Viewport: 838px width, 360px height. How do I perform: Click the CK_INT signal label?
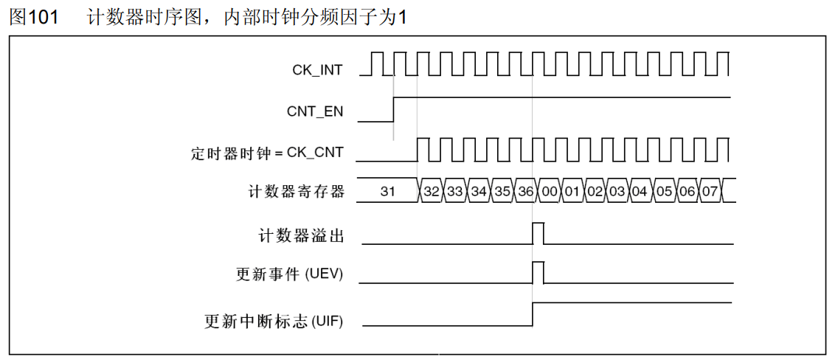(317, 71)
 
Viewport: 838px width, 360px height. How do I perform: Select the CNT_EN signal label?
(315, 112)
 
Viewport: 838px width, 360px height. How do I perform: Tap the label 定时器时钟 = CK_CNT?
(267, 154)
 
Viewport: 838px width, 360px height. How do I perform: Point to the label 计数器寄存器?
(297, 192)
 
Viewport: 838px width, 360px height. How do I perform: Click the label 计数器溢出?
(301, 236)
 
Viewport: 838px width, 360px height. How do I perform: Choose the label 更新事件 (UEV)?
(290, 275)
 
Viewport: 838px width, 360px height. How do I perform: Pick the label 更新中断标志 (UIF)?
(274, 322)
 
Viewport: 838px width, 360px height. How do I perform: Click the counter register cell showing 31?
(388, 192)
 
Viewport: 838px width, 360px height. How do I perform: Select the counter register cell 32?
(432, 192)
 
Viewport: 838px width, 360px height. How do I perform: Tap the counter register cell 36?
(525, 192)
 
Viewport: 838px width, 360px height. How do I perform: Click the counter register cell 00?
(549, 192)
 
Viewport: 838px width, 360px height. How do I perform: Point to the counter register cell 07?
(709, 192)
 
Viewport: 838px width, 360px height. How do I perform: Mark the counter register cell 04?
(640, 192)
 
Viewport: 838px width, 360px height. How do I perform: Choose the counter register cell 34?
(479, 192)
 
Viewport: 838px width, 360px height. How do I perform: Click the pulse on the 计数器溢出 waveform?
(538, 231)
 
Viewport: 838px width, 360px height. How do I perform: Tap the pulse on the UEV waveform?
(538, 271)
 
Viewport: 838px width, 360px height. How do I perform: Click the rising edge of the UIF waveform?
(533, 314)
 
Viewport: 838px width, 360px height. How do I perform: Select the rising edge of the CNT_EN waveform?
(394, 109)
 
